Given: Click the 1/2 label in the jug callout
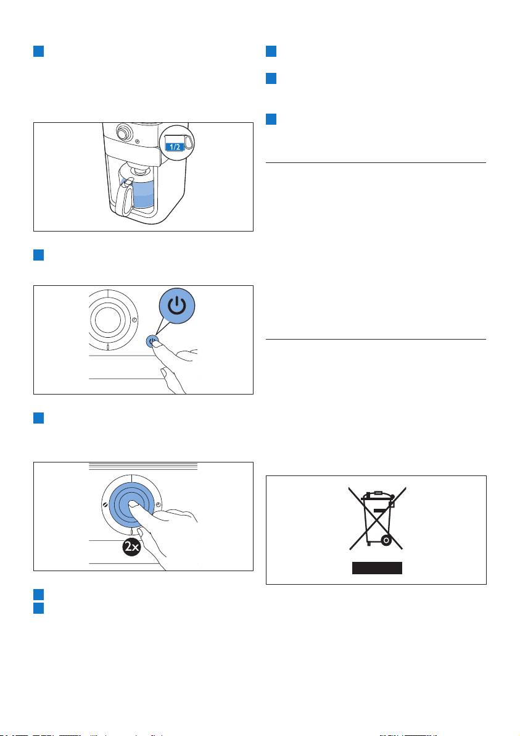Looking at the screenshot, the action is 175,147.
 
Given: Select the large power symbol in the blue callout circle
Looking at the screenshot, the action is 177,306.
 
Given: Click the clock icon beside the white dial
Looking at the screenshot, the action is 134,320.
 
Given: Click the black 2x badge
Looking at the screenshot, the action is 132,547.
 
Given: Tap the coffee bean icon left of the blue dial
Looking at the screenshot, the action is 105,504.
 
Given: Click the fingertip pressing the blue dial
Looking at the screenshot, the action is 134,505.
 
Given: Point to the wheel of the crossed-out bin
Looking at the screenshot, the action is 386,541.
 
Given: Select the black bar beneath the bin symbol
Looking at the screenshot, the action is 377,568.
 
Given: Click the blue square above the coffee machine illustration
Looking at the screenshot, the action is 38,51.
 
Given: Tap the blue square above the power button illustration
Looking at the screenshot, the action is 38,255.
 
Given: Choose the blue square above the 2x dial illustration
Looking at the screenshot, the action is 38,418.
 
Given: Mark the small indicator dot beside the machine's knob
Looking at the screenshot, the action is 136,140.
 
